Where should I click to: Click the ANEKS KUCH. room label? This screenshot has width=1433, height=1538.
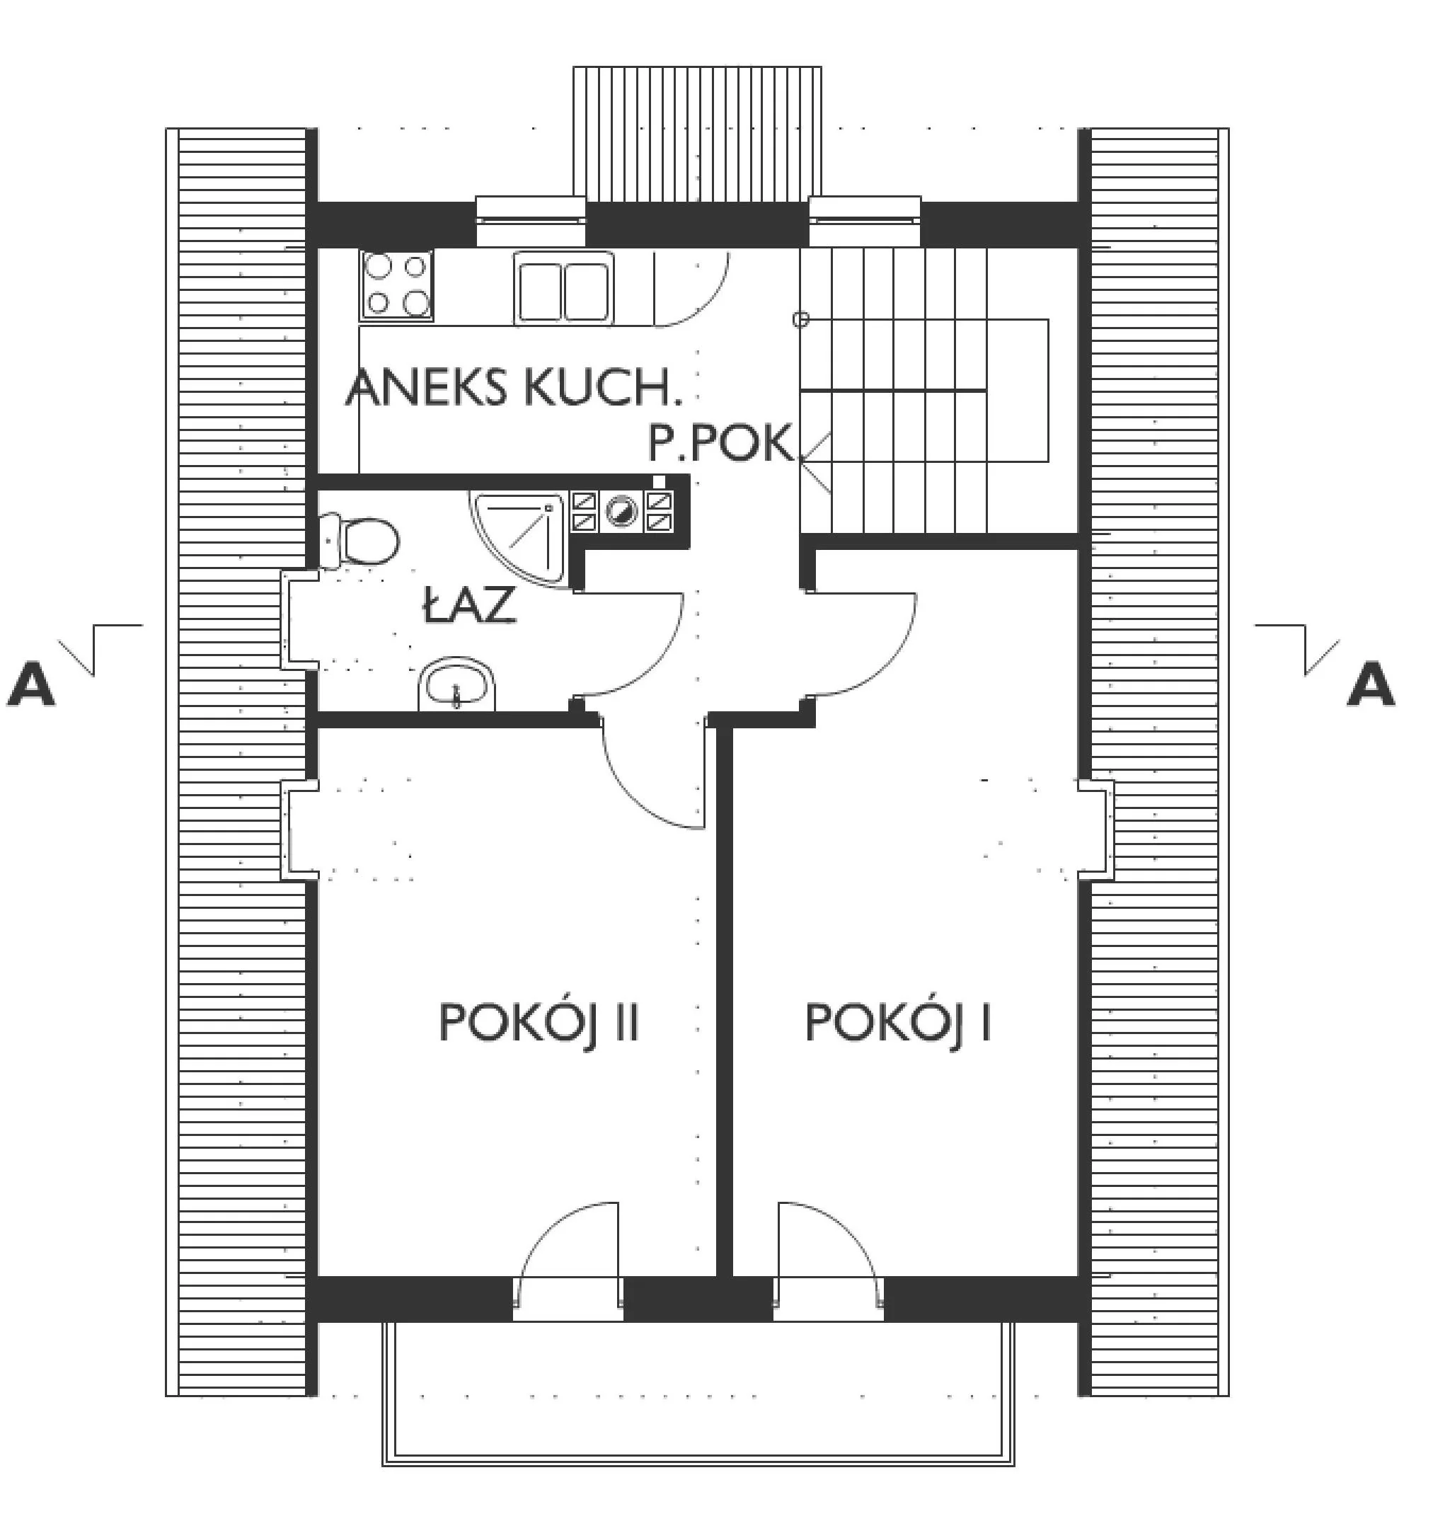pyautogui.click(x=514, y=388)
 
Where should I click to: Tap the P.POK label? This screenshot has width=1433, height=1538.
pyautogui.click(x=721, y=443)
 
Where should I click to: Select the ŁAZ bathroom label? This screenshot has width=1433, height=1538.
pyautogui.click(x=469, y=604)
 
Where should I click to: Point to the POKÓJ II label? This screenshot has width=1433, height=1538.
pyautogui.click(x=539, y=1023)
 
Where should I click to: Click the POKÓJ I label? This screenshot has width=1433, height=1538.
pyautogui.click(x=898, y=1022)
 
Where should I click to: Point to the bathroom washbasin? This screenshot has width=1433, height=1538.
pyautogui.click(x=456, y=683)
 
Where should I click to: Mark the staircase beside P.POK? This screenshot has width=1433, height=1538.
pyautogui.click(x=924, y=391)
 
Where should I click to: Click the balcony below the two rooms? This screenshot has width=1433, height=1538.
pyautogui.click(x=698, y=1391)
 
